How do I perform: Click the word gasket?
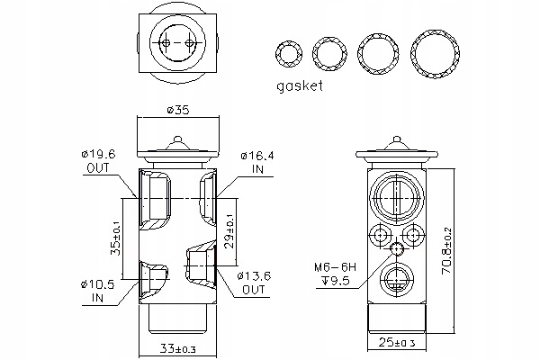tap(300, 86)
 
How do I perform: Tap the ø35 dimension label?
tap(178, 110)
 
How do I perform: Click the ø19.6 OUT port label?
tap(98, 161)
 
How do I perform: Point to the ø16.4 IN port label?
tap(257, 163)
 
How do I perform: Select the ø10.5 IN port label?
tap(98, 291)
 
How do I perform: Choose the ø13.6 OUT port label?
tap(254, 283)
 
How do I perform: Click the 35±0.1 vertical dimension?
tap(116, 238)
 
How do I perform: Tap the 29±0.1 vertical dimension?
tap(230, 231)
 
